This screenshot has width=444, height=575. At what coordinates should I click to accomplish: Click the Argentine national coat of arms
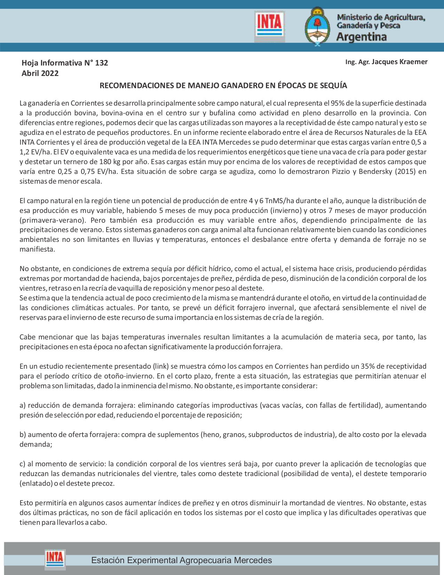[317, 26]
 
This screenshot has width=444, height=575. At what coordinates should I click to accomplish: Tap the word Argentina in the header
[361, 37]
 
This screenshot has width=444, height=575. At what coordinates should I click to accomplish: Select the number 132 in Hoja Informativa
[101, 63]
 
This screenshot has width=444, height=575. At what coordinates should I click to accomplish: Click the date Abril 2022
[40, 74]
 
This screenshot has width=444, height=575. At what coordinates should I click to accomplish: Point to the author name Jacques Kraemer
[399, 62]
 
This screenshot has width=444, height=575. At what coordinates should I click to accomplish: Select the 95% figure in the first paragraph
[337, 103]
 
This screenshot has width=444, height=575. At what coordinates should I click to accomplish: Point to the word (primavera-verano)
[53, 220]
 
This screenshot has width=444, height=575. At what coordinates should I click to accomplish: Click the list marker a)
[23, 405]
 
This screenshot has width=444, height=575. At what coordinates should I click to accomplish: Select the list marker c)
[23, 464]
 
